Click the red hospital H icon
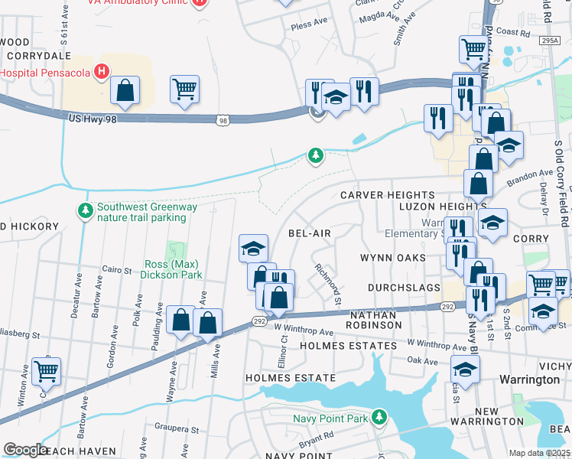pyautogui.click(x=101, y=72)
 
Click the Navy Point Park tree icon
pyautogui.click(x=378, y=416)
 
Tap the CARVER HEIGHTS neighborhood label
pyautogui.click(x=388, y=196)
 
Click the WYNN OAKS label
pyautogui.click(x=392, y=258)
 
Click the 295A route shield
pyautogui.click(x=548, y=40)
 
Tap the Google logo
pyautogui.click(x=25, y=450)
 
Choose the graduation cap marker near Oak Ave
pyautogui.click(x=465, y=369)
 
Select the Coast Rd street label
pyautogui.click(x=513, y=33)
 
